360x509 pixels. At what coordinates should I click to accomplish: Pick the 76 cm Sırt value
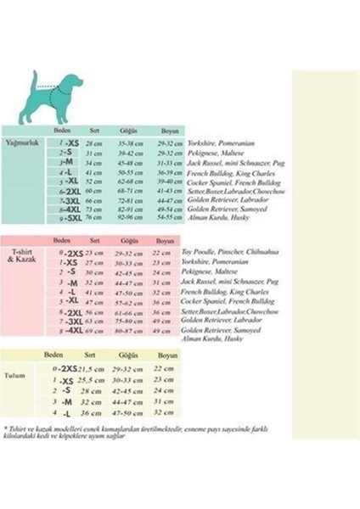pos(93,217)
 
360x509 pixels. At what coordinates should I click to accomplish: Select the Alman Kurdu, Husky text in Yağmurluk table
pos(212,217)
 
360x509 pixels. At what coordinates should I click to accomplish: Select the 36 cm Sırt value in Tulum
pos(90,412)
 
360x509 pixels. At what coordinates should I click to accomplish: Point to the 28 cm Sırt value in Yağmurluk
pos(93,144)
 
